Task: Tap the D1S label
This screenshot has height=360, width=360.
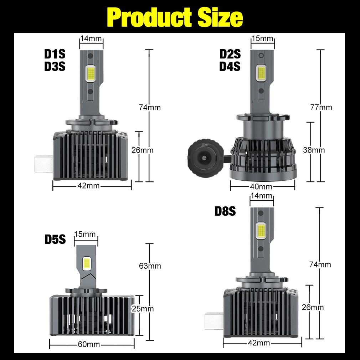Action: tap(55, 54)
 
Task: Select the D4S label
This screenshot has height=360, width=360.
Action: tap(230, 66)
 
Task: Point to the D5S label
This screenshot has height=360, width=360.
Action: tap(55, 239)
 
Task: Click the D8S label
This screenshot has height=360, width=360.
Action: tap(225, 211)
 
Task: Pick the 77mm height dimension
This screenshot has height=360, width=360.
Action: tap(321, 107)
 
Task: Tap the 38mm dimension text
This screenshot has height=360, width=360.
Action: tap(314, 150)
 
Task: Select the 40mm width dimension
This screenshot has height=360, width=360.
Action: tap(261, 187)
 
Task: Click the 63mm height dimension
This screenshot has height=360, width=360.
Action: tap(150, 266)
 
